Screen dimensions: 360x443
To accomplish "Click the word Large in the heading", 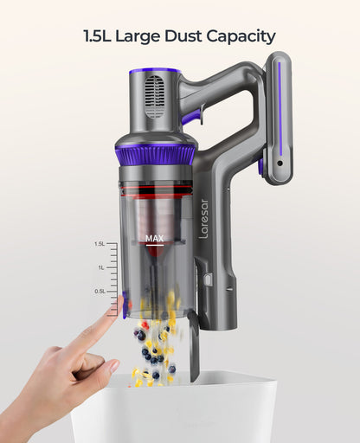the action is [138, 37].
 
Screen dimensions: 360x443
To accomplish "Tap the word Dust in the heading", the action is [183, 36].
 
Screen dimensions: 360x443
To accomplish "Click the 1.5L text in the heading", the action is [97, 36].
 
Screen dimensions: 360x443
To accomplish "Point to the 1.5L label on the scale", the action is [100, 244].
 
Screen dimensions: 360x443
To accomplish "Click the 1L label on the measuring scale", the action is [101, 267].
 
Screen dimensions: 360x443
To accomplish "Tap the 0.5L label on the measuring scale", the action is [100, 292].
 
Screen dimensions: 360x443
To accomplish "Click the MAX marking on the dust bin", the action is [155, 239].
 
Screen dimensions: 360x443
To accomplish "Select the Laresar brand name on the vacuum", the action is [203, 219].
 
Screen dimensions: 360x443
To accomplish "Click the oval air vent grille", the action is [155, 97].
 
